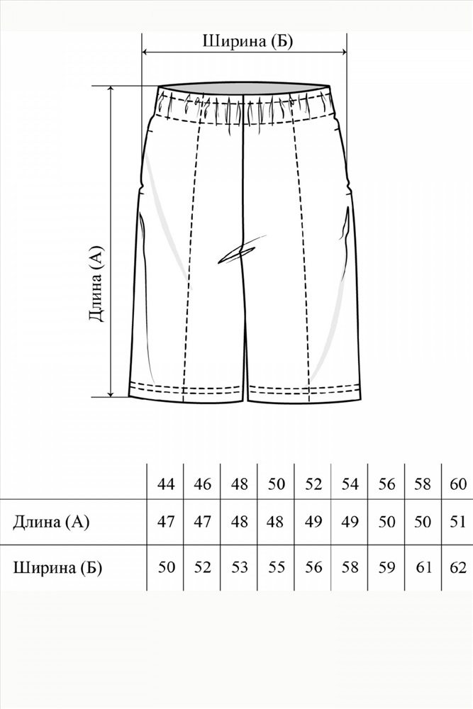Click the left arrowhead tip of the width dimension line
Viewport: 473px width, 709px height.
143,52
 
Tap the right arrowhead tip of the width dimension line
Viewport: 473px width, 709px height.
347,52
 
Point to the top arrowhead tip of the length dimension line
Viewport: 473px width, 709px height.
111,86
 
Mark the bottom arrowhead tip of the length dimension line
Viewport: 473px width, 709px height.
111,397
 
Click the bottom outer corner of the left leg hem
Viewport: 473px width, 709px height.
129,397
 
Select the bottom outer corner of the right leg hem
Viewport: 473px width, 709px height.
362,398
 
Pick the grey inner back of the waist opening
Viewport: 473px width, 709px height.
243,88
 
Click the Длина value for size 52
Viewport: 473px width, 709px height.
313,522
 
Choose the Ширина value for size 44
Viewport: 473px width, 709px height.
166,567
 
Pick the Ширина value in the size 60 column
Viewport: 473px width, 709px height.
458,567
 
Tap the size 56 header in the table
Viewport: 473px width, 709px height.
386,484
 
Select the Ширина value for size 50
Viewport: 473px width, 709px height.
276,567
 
